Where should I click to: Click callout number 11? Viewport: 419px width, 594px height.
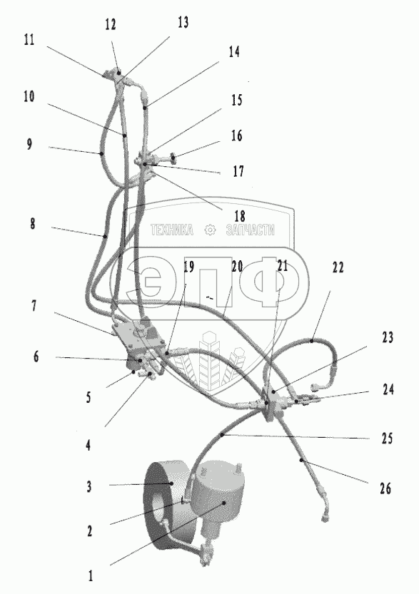(29, 40)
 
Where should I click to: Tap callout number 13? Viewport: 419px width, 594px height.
(183, 22)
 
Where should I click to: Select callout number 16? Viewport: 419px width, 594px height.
(236, 135)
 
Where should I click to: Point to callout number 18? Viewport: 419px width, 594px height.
(240, 216)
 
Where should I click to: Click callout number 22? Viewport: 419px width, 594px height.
(338, 267)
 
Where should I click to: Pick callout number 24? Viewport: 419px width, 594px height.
(388, 389)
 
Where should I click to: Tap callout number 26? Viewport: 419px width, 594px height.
(385, 488)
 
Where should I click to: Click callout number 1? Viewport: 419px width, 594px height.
(90, 576)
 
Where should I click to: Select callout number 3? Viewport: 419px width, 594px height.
(89, 486)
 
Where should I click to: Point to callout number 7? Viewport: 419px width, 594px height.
(34, 305)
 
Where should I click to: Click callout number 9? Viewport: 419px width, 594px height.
(29, 144)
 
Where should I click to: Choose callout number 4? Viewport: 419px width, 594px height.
(88, 445)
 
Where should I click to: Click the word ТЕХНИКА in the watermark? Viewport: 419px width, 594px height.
(172, 230)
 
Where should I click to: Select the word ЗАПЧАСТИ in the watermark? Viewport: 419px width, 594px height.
(251, 230)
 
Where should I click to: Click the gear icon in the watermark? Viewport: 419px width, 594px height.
(210, 230)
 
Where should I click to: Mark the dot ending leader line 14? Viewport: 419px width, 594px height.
(145, 108)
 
